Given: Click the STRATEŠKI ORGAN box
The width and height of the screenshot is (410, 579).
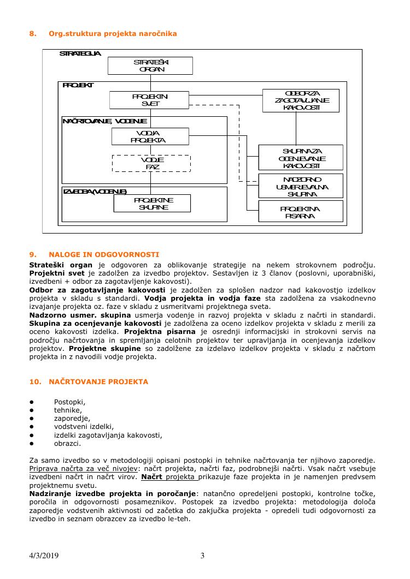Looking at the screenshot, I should click(x=150, y=65).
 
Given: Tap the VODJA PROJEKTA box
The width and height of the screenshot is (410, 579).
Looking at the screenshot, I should click(x=150, y=136).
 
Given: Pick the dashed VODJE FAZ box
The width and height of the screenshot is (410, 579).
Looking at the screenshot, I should click(x=151, y=163).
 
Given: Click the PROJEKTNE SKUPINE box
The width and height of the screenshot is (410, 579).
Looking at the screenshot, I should click(x=152, y=204).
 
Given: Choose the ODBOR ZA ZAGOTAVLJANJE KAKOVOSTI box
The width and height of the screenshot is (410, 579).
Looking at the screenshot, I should click(x=301, y=100).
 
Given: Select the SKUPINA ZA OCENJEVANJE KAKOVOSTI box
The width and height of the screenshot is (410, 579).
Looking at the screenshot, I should click(x=301, y=158).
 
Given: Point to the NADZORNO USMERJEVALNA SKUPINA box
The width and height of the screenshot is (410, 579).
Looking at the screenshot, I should click(x=301, y=186).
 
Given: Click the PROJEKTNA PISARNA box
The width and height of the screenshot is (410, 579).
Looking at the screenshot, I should click(x=301, y=212).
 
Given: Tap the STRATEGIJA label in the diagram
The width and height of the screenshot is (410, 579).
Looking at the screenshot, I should click(x=80, y=53).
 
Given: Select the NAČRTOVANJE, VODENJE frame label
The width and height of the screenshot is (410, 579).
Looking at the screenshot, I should click(x=104, y=121).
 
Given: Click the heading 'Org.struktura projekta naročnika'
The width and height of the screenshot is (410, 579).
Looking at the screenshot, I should click(x=113, y=34).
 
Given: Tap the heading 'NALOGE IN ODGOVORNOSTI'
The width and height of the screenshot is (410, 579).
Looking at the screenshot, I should click(x=104, y=254).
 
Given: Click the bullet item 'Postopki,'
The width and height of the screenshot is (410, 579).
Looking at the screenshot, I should click(x=69, y=402).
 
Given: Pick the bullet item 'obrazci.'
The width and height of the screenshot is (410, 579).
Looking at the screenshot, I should click(x=67, y=443).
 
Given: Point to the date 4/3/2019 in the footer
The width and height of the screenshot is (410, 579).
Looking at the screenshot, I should click(x=44, y=556).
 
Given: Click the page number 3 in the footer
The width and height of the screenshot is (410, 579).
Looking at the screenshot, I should click(x=202, y=556).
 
